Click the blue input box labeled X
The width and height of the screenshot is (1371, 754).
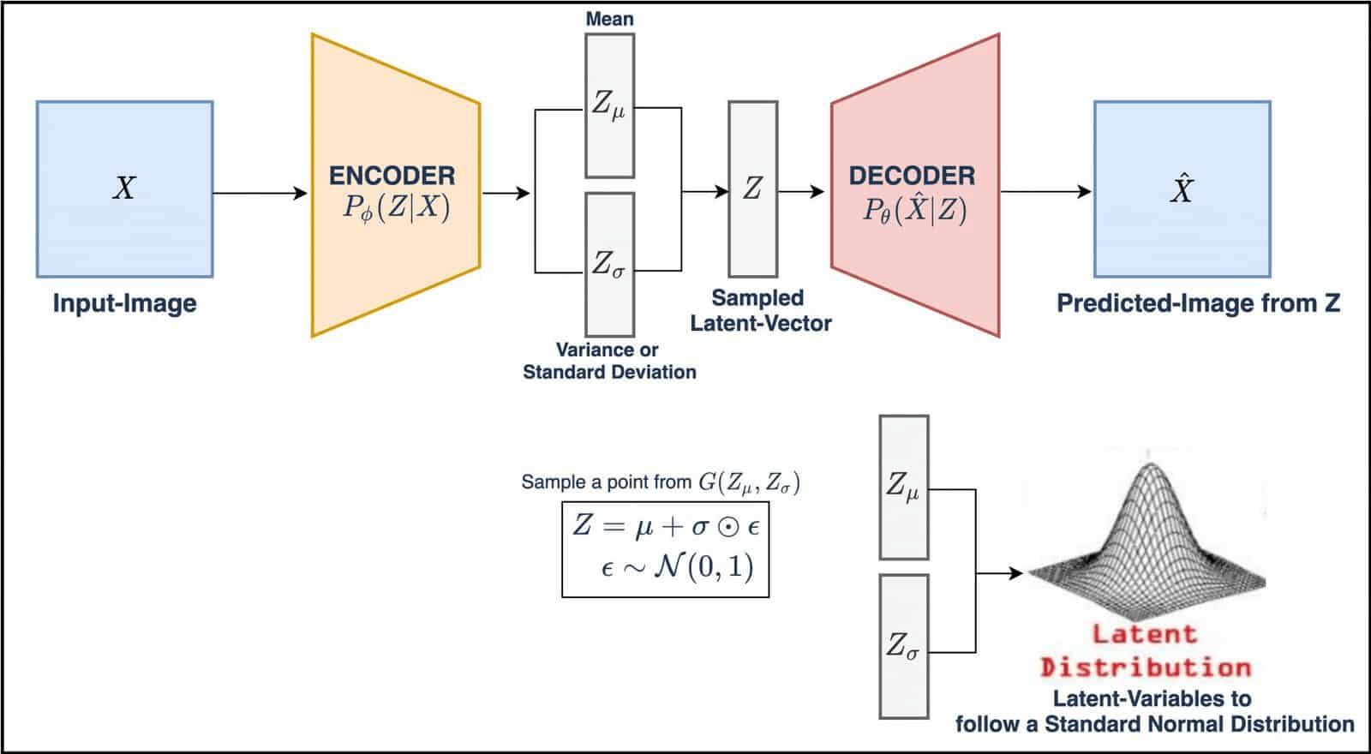[124, 189]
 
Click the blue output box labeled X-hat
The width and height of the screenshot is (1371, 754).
[1182, 189]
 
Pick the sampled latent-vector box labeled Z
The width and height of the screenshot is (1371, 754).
[752, 188]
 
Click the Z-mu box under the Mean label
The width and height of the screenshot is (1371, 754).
[609, 105]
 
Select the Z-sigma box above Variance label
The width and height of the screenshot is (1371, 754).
[609, 264]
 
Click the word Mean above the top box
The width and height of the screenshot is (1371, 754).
[609, 18]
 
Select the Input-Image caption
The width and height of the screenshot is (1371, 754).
[124, 303]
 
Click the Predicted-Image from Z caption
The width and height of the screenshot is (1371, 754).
[1198, 303]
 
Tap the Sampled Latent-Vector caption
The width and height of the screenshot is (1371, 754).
[760, 310]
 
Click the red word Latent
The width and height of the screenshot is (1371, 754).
[1144, 635]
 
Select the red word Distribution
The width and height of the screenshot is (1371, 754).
[1145, 667]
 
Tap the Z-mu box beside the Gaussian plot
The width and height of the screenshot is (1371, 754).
[903, 487]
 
